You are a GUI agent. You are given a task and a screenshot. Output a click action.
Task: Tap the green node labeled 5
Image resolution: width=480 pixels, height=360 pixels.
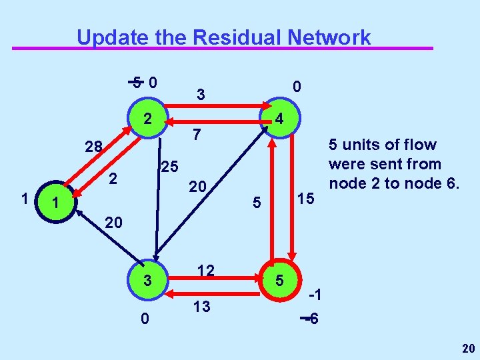[281, 281]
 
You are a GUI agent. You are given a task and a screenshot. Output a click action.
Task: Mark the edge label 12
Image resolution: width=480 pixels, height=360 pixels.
[205, 269]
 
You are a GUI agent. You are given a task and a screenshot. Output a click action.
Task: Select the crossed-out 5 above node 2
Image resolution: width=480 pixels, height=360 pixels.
[136, 83]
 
